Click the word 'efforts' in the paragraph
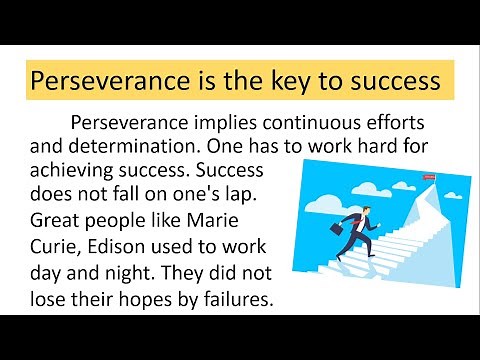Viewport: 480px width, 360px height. (383, 125)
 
